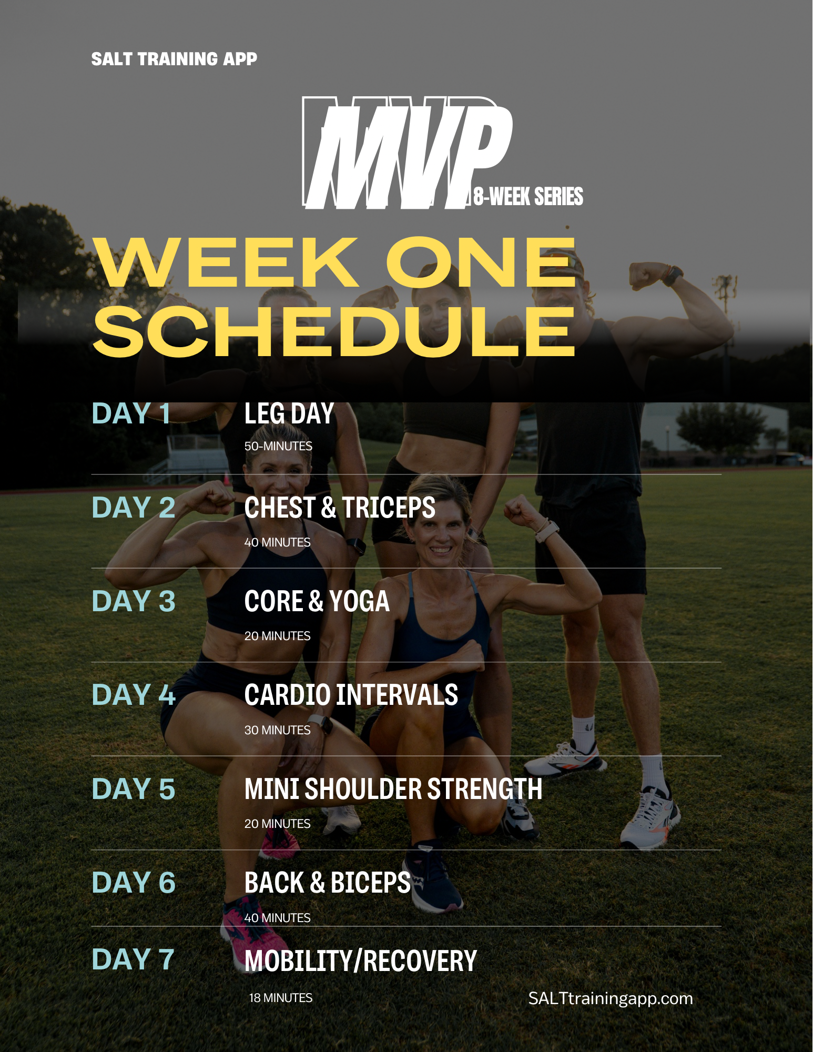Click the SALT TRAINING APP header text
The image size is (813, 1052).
(174, 59)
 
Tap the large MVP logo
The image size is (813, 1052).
(408, 153)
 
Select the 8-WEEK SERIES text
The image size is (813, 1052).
(528, 196)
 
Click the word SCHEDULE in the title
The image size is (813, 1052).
(334, 332)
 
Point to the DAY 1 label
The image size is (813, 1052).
(131, 413)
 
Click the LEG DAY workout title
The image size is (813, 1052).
(289, 413)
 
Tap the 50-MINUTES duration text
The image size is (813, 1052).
(278, 446)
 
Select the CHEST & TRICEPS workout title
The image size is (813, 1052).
(340, 508)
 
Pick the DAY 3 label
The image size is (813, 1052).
(134, 601)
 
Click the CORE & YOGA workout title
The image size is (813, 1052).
(317, 601)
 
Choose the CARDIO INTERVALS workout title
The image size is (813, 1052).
(351, 695)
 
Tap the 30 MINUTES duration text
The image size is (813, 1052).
(278, 730)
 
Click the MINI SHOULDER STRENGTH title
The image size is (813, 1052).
(393, 789)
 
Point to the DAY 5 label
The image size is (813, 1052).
(134, 788)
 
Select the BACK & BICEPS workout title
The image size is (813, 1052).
(328, 883)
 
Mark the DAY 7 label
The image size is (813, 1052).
(133, 959)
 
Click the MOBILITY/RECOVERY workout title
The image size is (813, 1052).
(361, 960)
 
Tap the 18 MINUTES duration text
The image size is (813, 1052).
(281, 998)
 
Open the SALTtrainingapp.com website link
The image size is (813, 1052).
(611, 998)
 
